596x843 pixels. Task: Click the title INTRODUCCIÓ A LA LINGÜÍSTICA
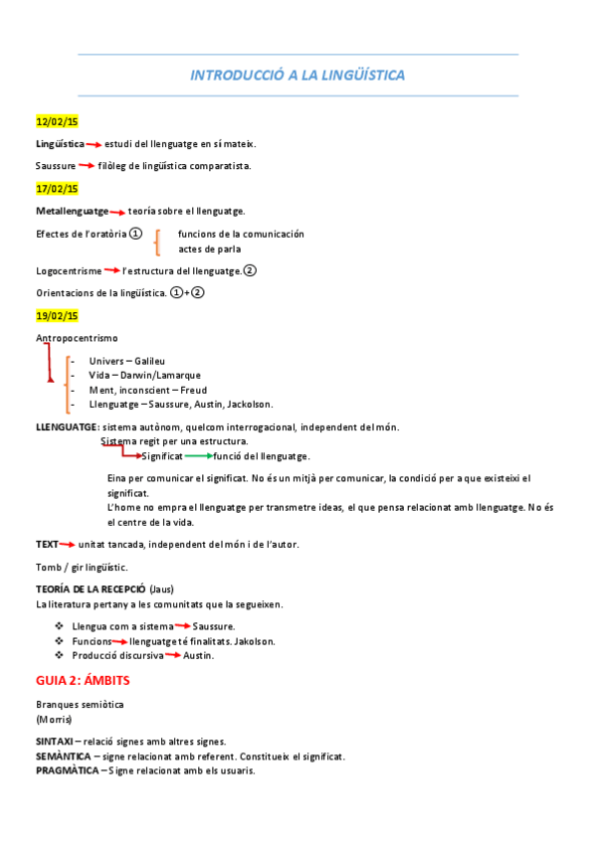pyautogui.click(x=298, y=76)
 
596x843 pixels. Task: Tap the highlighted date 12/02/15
pyautogui.click(x=57, y=122)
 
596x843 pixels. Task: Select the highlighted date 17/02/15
pyautogui.click(x=57, y=188)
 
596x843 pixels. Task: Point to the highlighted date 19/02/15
pyautogui.click(x=57, y=315)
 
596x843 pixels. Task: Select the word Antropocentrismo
pyautogui.click(x=77, y=339)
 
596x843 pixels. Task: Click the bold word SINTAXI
pyautogui.click(x=53, y=741)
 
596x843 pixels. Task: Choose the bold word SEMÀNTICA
pyautogui.click(x=61, y=756)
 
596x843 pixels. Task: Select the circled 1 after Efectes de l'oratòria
pyautogui.click(x=136, y=233)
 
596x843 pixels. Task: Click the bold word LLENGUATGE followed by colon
pyautogui.click(x=66, y=426)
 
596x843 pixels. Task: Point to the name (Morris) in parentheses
pyautogui.click(x=53, y=718)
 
